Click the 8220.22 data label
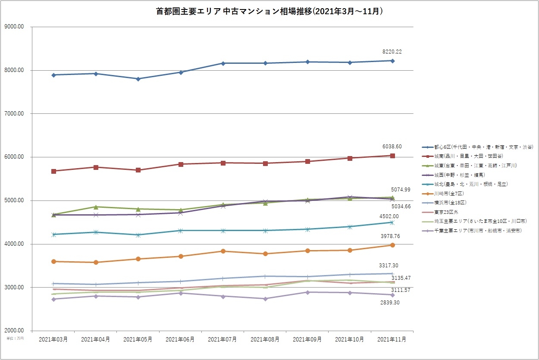392,52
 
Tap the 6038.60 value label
392,147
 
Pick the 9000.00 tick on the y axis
14,27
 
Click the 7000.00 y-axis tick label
14,114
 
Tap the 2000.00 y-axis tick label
14,331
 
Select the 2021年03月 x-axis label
53,340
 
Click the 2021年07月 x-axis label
222,340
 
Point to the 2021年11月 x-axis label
392,340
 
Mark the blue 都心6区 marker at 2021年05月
138,79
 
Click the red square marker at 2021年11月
392,156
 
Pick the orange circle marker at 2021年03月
53,261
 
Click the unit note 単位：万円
15,338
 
